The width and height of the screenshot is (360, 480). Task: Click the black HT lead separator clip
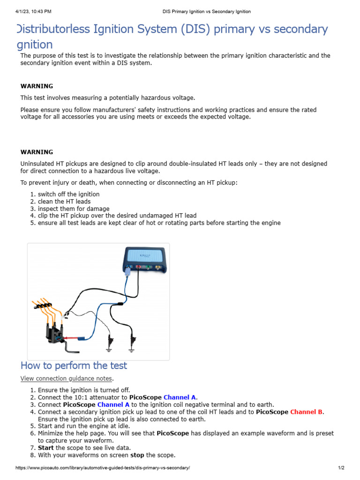tap(45, 310)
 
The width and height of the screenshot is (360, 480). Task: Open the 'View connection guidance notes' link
tap(67, 378)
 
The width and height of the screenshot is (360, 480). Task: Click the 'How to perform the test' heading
tap(74, 365)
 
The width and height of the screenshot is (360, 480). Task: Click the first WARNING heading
tap(37, 86)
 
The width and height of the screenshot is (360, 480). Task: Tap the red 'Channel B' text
tap(307, 412)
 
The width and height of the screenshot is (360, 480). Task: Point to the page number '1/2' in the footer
tap(341, 468)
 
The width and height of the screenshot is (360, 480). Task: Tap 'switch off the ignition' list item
tap(68, 194)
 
